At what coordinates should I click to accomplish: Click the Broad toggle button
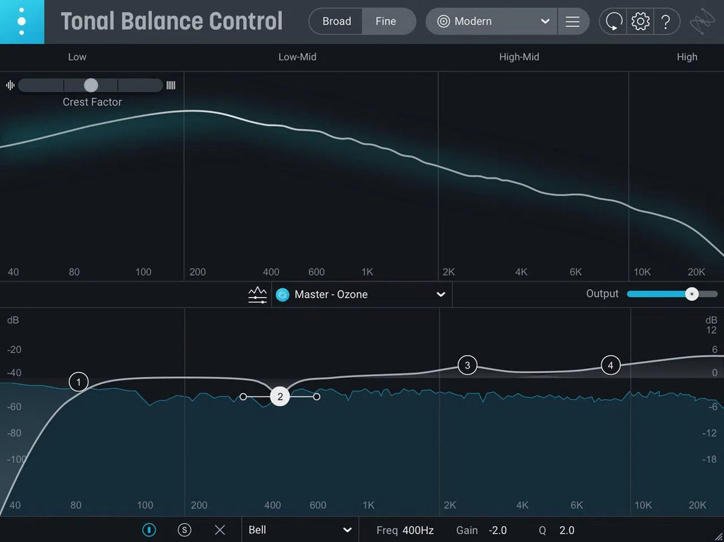click(336, 21)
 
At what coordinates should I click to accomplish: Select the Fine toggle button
click(386, 21)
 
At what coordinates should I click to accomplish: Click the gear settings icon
click(640, 22)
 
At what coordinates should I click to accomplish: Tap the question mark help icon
click(665, 22)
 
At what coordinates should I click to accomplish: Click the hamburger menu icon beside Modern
click(573, 22)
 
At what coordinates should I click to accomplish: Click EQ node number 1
click(78, 381)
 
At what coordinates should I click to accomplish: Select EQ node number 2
click(280, 397)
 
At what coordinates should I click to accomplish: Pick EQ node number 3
click(467, 365)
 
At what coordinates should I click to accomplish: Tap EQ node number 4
click(611, 365)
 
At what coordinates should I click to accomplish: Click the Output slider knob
click(692, 294)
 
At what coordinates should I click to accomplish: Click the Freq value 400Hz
click(418, 531)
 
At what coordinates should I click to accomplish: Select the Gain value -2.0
click(498, 531)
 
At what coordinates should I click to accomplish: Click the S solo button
click(185, 530)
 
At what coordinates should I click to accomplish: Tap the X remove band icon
click(220, 530)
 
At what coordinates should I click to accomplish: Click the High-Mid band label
click(519, 57)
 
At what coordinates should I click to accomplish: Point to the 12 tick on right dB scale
click(711, 330)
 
